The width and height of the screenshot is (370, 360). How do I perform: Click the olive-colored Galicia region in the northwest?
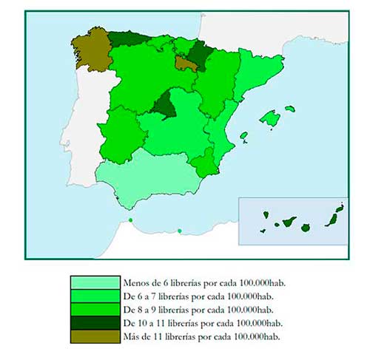(90, 50)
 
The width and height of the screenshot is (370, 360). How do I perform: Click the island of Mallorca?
(272, 118)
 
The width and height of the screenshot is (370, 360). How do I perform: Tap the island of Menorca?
(290, 109)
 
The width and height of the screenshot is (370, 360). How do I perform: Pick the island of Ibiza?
(244, 137)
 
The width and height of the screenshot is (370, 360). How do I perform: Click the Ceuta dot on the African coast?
(130, 220)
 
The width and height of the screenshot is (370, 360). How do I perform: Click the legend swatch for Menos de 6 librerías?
(95, 283)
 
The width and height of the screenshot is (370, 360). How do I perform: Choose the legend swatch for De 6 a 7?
(95, 296)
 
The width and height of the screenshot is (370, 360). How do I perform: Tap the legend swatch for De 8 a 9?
(95, 310)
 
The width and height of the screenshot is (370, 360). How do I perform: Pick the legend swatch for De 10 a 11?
(95, 323)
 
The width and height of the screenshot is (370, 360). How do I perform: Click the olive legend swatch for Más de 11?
(95, 336)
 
